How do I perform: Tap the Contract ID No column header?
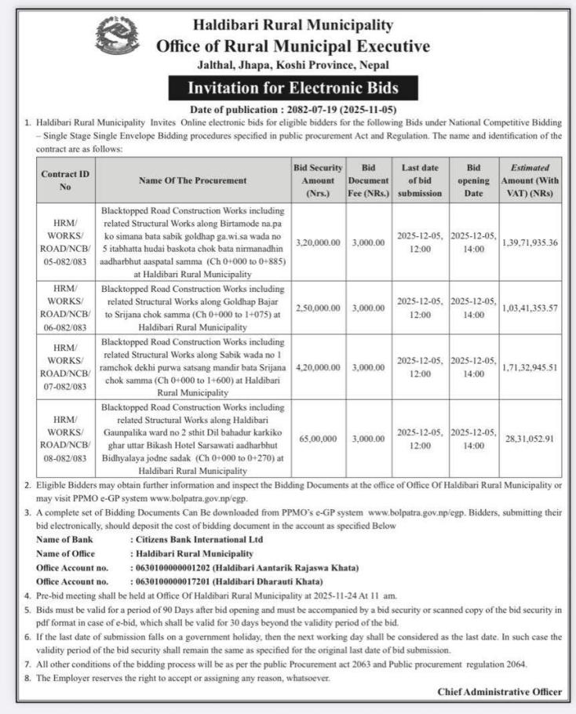[65, 180]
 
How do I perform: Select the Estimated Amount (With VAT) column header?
[530, 180]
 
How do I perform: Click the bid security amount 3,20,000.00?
[318, 242]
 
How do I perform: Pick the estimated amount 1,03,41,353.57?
[530, 308]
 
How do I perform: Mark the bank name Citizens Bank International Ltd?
[197, 539]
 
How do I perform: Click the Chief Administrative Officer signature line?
[499, 691]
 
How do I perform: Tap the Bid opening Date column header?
[473, 180]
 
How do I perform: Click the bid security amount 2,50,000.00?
[318, 308]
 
